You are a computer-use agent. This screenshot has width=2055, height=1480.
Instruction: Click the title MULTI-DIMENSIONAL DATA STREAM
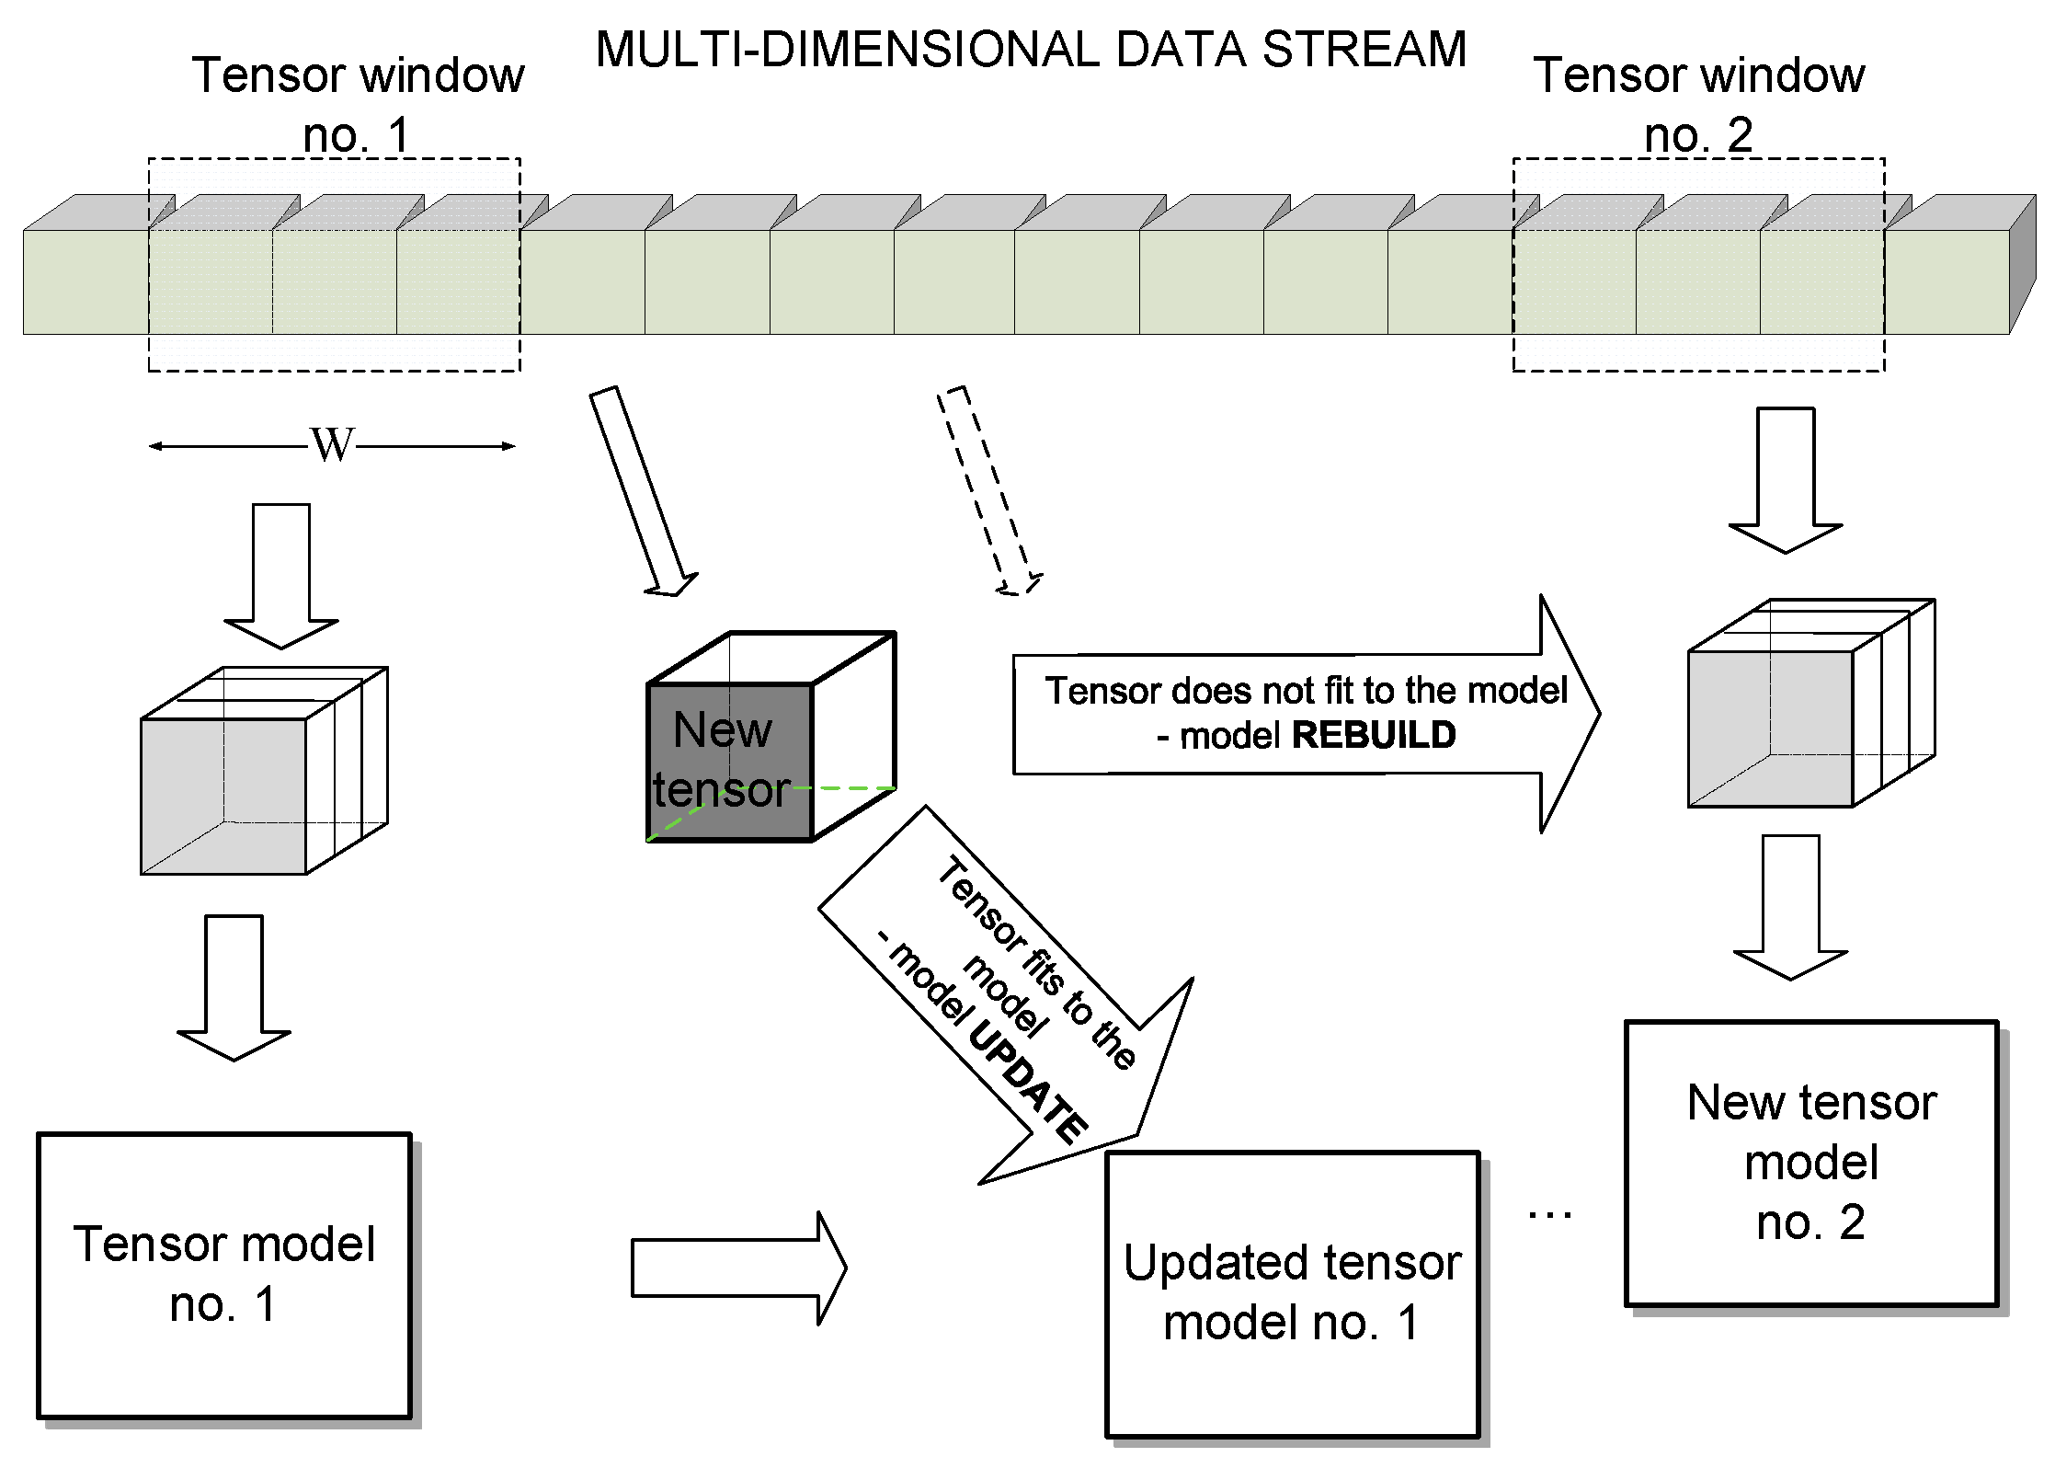click(x=1030, y=50)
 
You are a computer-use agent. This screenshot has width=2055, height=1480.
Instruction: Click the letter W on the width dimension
click(x=332, y=445)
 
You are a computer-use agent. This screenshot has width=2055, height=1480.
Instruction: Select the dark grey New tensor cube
click(x=729, y=762)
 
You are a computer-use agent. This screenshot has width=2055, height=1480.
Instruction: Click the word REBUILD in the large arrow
click(x=1374, y=735)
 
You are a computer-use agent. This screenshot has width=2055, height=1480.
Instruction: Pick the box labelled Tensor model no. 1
click(x=223, y=1275)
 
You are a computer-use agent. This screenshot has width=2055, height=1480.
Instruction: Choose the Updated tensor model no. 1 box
click(x=1292, y=1293)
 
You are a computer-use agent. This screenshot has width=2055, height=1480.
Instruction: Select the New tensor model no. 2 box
click(x=1810, y=1163)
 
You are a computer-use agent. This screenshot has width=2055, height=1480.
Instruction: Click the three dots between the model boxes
click(x=1550, y=1215)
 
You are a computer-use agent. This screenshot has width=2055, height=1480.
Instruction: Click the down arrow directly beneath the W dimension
click(x=281, y=576)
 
